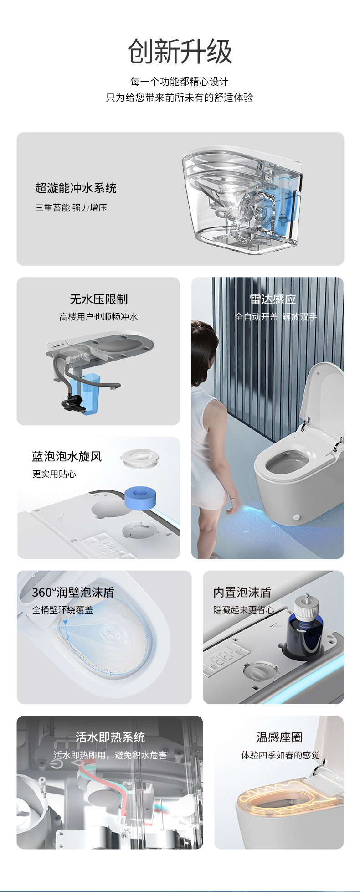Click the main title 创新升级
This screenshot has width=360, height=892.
point(180,52)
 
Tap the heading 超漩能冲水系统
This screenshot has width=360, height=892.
point(76,188)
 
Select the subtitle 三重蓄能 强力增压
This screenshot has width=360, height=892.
point(71,208)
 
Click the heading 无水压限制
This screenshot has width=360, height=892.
point(98,299)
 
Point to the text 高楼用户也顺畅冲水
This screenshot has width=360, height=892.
point(98,317)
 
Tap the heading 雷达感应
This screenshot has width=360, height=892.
point(273,299)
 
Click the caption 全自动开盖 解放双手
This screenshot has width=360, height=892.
point(276,317)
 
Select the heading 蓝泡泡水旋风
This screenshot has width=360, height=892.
point(67,456)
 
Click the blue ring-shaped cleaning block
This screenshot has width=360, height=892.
point(140,496)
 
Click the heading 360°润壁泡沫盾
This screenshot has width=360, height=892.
point(73,592)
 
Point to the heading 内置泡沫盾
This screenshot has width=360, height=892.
point(242,592)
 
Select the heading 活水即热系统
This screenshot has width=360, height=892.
point(110,737)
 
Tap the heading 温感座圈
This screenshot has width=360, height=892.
point(279,737)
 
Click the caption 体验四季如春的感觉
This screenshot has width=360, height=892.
point(280,755)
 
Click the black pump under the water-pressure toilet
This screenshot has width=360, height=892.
point(72,402)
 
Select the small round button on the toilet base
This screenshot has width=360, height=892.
point(297,517)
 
